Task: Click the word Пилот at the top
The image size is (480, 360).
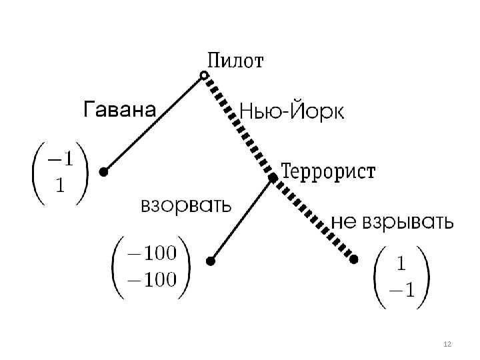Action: point(237,62)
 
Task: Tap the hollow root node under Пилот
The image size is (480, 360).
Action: point(204,76)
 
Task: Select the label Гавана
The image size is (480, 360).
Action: point(119,109)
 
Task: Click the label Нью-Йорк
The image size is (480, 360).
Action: point(291,111)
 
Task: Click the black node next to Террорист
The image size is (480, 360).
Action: point(272,178)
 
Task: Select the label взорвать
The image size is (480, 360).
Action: point(186,205)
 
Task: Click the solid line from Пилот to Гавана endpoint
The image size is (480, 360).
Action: point(153,124)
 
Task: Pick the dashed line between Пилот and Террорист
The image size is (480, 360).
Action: point(238,127)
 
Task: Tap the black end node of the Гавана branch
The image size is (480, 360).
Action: point(103,172)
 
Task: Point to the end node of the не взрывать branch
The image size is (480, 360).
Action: point(354,259)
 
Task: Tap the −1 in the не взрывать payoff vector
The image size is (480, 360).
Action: point(401,289)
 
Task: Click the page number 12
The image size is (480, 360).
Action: point(447,344)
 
